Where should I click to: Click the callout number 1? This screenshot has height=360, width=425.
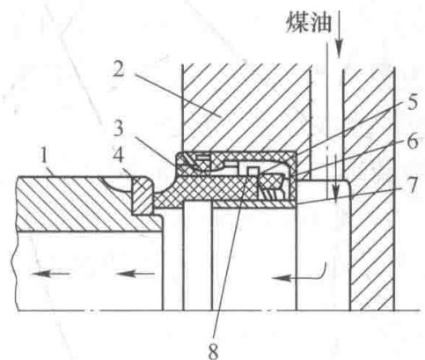pos(45,156)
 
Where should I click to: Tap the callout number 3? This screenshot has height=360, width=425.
pos(118,129)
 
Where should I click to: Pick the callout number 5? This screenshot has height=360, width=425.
pos(412,102)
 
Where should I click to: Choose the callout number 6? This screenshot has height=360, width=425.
pos(412,142)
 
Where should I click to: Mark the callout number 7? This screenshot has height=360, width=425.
pos(413,185)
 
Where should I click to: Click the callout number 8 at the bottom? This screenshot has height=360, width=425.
pos(213,350)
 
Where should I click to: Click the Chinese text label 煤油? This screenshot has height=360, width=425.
pos(309,22)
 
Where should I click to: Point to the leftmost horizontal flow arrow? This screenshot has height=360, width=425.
pos(50,274)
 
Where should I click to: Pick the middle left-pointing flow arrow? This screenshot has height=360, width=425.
pos(135,274)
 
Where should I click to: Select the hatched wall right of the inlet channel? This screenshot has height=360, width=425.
pos(370,187)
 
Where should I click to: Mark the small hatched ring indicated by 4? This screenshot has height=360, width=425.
pos(143,195)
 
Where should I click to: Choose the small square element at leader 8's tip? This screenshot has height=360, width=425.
pos(253,171)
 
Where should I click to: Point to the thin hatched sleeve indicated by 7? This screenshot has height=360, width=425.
pos(253,204)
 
